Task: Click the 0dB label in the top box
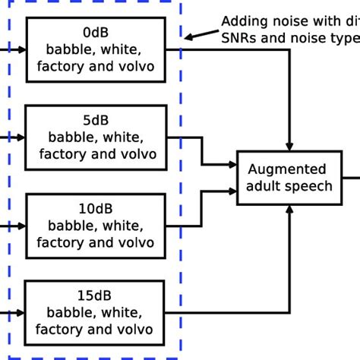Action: coord(96,33)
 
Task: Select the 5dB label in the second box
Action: coord(96,121)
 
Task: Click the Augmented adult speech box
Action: coord(289,178)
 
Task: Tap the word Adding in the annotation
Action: coord(242,21)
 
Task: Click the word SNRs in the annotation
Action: coord(238,38)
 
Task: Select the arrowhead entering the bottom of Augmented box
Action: coord(289,210)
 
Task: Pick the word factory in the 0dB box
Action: coord(59,67)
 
